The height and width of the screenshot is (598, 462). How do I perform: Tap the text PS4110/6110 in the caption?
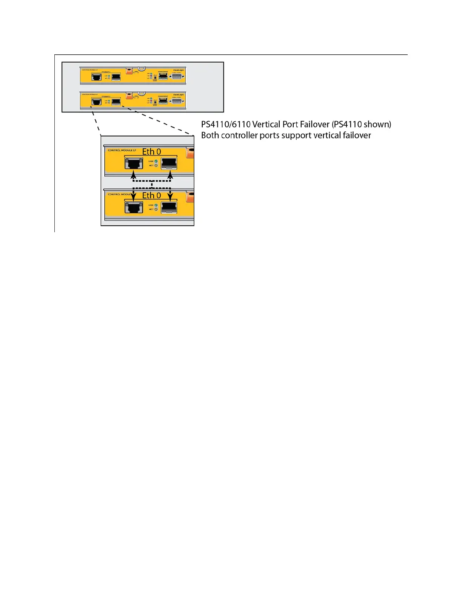(x=226, y=125)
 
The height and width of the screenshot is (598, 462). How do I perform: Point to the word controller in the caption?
(x=239, y=136)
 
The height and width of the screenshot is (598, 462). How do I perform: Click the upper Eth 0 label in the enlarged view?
(x=151, y=152)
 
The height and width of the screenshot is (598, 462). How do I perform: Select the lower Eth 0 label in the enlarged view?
(x=151, y=196)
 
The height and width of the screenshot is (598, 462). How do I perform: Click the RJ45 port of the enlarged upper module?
(x=134, y=164)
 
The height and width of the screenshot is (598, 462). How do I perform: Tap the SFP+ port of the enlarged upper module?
(x=169, y=164)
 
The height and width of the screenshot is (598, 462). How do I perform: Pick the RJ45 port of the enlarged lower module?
(x=134, y=208)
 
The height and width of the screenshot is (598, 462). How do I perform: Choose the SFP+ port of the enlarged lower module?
(x=169, y=208)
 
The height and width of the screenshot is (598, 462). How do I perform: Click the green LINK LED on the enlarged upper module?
(x=156, y=162)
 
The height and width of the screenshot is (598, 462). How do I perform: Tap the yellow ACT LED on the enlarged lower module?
(x=156, y=209)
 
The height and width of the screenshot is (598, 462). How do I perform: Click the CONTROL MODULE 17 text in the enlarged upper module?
(x=122, y=150)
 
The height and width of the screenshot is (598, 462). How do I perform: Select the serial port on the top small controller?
(x=177, y=77)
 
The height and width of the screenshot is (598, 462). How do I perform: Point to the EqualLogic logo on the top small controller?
(x=179, y=70)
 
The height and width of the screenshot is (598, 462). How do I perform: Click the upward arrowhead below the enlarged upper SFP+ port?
(x=170, y=175)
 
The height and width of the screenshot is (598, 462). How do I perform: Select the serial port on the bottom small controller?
(x=177, y=102)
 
